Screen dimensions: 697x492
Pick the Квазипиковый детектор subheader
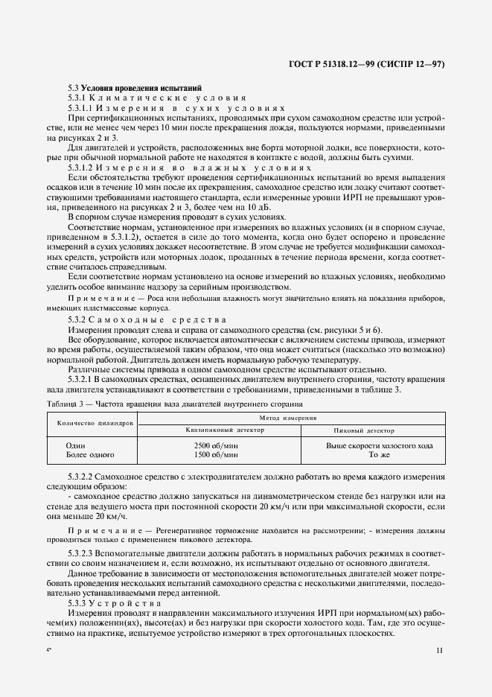(x=219, y=430)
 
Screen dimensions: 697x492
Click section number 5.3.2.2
(x=84, y=475)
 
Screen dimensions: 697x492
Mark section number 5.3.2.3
(x=84, y=554)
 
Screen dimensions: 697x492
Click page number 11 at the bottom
(x=439, y=650)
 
